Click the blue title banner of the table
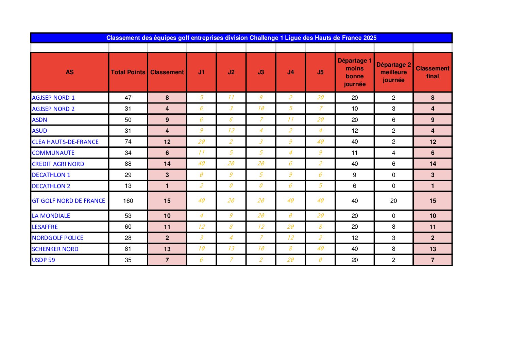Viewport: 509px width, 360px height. tap(241, 38)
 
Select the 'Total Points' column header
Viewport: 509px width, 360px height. tap(128, 72)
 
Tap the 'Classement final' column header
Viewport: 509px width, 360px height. tap(432, 72)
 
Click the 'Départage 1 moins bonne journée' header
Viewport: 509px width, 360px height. tap(355, 72)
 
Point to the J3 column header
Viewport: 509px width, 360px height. tap(261, 72)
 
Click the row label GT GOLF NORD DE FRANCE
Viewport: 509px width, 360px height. tap(68, 201)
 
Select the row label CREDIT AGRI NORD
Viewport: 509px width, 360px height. tap(58, 164)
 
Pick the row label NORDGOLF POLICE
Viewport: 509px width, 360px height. tap(57, 238)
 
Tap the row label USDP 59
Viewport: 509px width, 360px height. tap(44, 260)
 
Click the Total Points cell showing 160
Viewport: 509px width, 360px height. tap(128, 201)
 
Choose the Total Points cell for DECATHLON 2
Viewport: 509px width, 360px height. tap(128, 186)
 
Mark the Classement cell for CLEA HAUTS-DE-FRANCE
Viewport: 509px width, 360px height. tap(167, 142)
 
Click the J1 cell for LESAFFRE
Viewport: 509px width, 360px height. tap(201, 227)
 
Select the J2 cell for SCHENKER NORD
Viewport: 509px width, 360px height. tap(231, 249)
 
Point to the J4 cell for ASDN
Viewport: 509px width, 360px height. tap(290, 120)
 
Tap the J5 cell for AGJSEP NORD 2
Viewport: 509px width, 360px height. tap(320, 109)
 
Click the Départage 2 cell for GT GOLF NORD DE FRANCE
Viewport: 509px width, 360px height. tap(393, 201)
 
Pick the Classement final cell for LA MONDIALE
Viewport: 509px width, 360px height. tap(432, 216)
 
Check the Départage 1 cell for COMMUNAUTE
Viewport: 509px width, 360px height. tap(355, 153)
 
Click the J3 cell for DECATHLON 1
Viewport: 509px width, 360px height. tap(261, 175)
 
